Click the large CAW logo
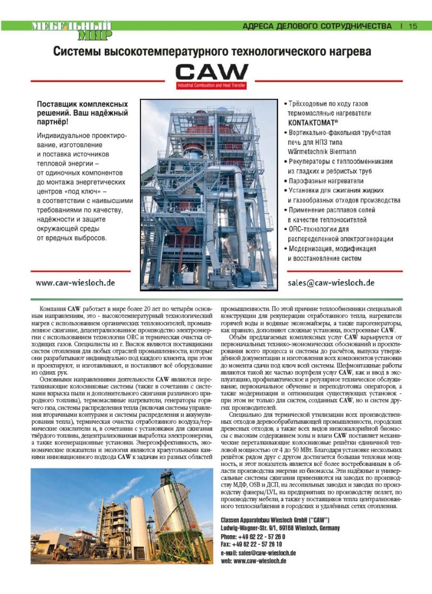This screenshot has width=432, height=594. tap(212, 72)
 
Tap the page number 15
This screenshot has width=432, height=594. tap(413, 26)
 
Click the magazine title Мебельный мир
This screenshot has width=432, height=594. tap(71, 30)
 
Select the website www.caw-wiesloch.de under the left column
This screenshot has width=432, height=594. tap(75, 283)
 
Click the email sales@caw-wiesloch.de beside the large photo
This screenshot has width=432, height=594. tap(331, 283)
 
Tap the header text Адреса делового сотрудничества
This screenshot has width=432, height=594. tap(317, 26)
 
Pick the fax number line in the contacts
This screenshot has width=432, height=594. tap(251, 544)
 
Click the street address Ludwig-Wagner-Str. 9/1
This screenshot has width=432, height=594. tap(247, 528)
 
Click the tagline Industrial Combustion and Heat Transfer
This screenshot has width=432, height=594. tap(212, 85)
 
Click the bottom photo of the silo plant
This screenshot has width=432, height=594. tap(122, 516)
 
